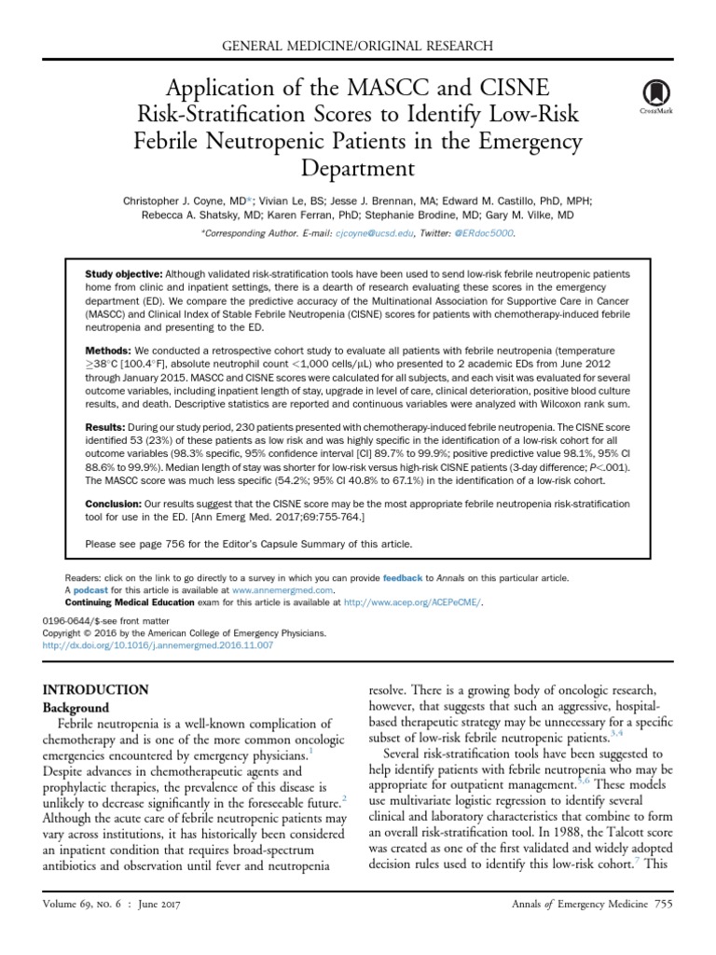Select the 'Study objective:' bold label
pyautogui.click(x=123, y=274)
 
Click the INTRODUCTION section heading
pyautogui.click(x=96, y=690)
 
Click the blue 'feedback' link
pyautogui.click(x=403, y=578)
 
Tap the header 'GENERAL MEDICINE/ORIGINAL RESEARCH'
pyautogui.click(x=358, y=46)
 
